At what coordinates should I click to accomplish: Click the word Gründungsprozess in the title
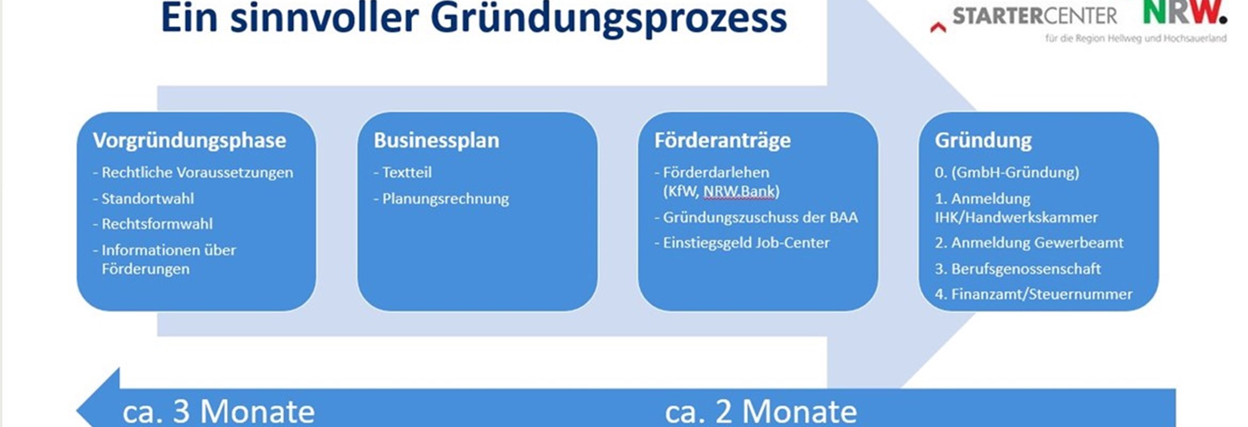(609, 19)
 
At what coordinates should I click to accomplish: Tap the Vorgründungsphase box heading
(189, 141)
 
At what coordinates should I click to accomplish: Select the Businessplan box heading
(436, 140)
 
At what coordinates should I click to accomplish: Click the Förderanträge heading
(722, 141)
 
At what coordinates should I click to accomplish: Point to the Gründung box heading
(983, 141)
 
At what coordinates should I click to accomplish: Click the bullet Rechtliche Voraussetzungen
(193, 172)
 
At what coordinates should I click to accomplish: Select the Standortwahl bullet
(143, 199)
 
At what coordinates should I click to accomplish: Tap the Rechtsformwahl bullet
(153, 224)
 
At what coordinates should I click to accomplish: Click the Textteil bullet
(403, 172)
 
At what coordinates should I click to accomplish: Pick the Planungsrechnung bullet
(441, 199)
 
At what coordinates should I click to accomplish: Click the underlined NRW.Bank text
(739, 191)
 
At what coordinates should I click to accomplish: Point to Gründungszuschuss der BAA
(756, 218)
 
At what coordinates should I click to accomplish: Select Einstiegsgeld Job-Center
(742, 243)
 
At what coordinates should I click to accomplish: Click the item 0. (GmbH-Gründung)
(1007, 172)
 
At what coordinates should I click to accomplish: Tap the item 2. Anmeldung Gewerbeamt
(1029, 243)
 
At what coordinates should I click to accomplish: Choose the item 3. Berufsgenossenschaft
(1018, 268)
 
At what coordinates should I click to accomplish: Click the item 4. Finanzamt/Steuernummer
(1034, 294)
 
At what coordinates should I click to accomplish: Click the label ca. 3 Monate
(219, 412)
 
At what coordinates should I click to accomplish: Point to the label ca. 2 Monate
(761, 412)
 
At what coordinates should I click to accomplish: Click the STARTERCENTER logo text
(1035, 16)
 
